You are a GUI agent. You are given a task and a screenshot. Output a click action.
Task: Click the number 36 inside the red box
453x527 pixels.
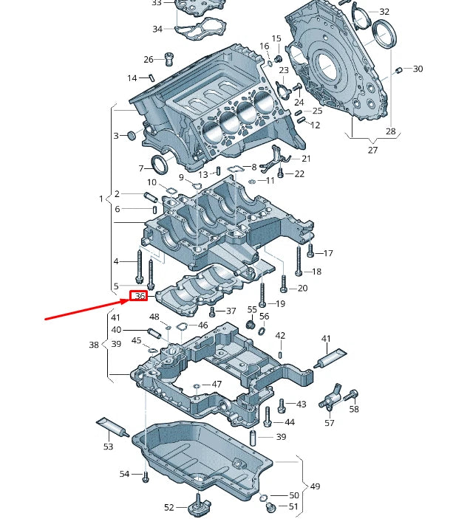point(139,296)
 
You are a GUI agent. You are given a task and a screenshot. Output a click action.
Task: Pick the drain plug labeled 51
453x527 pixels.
point(269,507)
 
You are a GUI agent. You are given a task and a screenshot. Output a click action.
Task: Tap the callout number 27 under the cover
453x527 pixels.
point(372,150)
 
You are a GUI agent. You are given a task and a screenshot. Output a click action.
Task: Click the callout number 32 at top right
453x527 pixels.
point(384,12)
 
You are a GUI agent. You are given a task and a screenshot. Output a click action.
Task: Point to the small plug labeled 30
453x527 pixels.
point(399,70)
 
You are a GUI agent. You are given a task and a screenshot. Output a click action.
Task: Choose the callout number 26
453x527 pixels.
point(148,59)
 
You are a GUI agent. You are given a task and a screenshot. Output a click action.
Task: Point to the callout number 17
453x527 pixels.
point(328,253)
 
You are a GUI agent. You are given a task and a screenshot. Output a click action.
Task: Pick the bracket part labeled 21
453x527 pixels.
point(277,156)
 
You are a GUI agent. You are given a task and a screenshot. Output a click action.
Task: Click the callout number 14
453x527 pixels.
point(132,78)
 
